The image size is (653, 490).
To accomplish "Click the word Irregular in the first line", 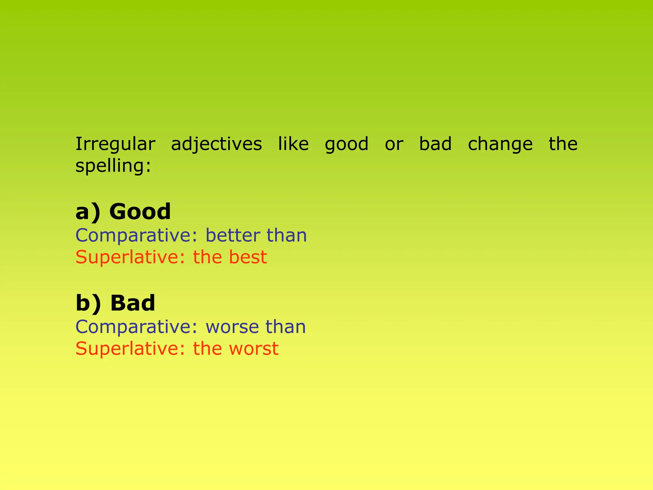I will point(115,144).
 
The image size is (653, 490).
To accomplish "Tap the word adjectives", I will point(216,145).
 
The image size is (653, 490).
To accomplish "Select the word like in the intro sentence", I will point(293,144).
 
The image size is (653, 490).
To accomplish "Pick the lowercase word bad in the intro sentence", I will point(435,144).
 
